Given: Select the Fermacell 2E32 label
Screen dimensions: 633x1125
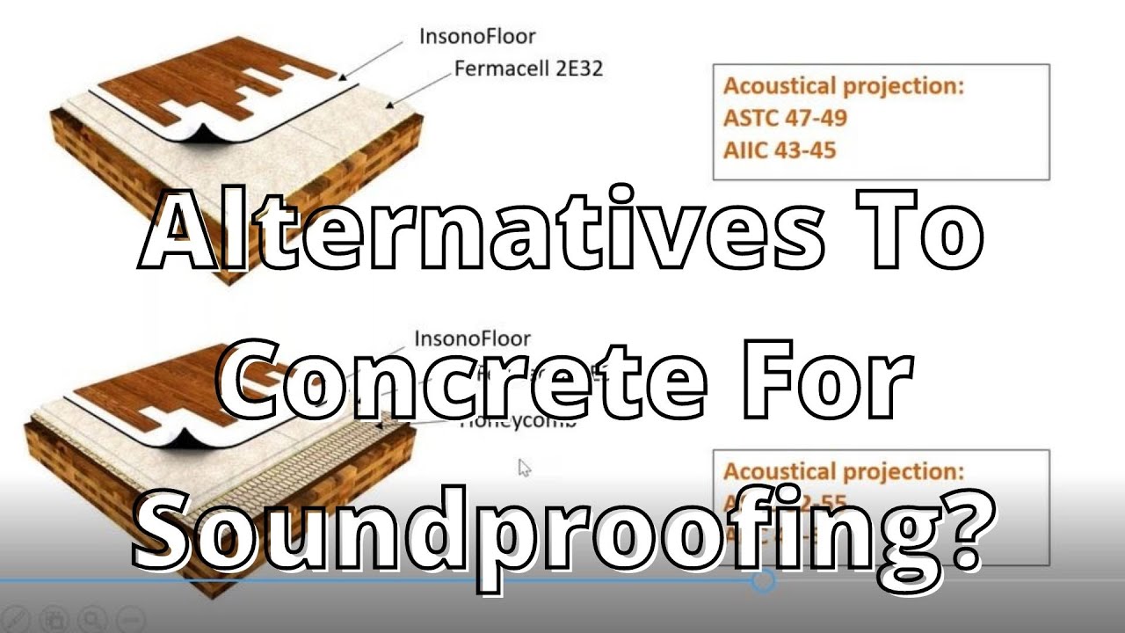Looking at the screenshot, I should click(528, 68).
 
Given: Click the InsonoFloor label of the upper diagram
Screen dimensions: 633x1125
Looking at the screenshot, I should click(477, 36).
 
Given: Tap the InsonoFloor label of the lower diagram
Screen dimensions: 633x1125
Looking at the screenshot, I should click(472, 338).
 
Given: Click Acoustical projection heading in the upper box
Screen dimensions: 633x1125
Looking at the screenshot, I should click(843, 86).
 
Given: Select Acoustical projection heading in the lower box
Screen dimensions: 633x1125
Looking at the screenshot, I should click(843, 471).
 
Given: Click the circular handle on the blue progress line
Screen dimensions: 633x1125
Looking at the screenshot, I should click(764, 579).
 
